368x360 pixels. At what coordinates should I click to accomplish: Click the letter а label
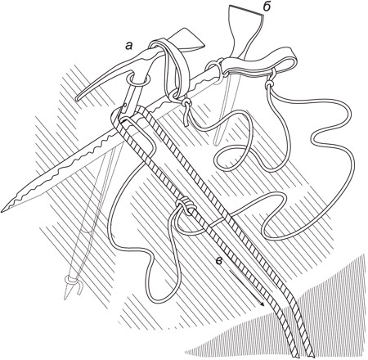[128, 46]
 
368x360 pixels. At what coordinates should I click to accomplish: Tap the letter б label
[267, 7]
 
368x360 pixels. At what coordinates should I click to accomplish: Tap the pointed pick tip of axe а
[77, 99]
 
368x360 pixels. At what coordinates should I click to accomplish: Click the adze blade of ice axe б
[246, 26]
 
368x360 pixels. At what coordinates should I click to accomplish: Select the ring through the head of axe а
[137, 79]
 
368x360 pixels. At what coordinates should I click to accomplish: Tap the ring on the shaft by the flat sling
[215, 70]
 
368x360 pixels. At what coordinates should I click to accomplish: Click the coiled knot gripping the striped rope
[186, 205]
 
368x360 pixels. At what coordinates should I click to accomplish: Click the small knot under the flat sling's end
[270, 83]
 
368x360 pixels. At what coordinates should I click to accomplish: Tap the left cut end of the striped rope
[295, 355]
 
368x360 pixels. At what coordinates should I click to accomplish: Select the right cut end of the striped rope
[310, 355]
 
